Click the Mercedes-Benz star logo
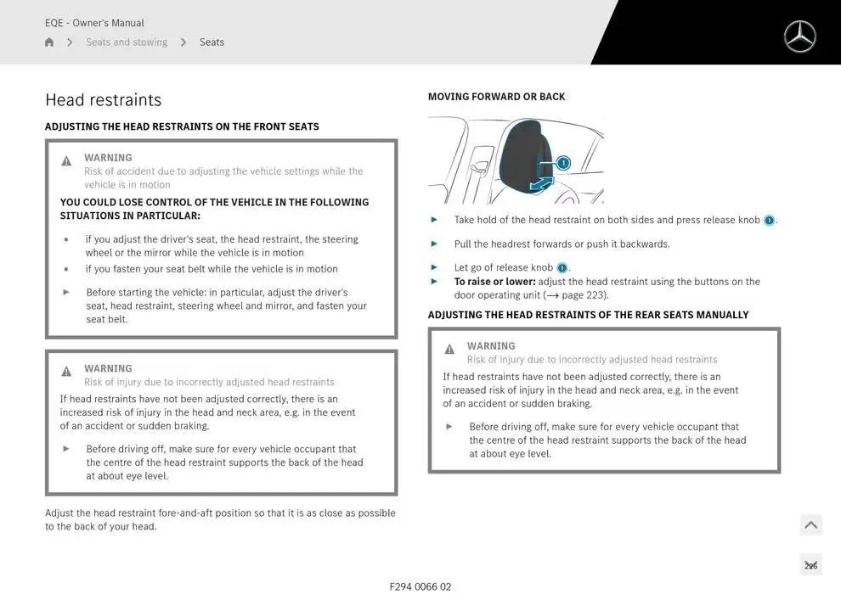[x=799, y=36]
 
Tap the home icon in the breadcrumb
[x=49, y=42]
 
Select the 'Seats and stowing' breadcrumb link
[x=127, y=42]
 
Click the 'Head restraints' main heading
[x=103, y=100]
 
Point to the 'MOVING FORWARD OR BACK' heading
[x=496, y=97]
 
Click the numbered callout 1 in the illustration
[x=563, y=163]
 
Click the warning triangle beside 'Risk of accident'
[x=66, y=161]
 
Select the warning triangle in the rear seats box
[x=449, y=350]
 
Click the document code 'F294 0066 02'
[x=420, y=586]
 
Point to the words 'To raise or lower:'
[x=494, y=282]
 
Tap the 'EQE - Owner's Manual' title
[x=94, y=23]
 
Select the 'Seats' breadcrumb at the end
[x=212, y=42]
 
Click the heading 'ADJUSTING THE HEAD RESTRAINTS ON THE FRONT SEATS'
[x=182, y=126]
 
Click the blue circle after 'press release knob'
[x=769, y=221]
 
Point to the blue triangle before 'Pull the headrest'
[x=435, y=244]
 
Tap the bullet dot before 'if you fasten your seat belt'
[x=66, y=269]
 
